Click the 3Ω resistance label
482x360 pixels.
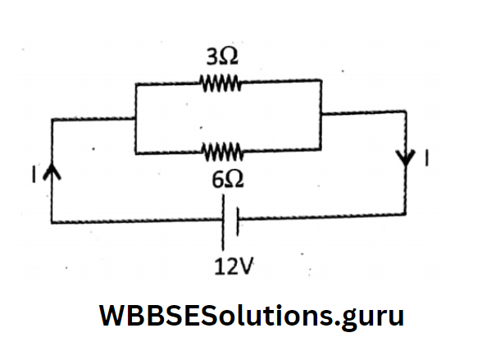pos(221,57)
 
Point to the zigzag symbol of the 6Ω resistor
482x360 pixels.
pos(220,152)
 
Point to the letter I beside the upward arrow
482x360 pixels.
pos(35,172)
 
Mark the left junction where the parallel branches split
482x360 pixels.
pos(134,120)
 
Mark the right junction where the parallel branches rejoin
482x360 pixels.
pos(321,115)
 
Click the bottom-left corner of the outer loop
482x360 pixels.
pos(52,222)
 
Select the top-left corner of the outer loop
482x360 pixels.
pos(52,121)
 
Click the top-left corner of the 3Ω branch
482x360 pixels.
pos(134,84)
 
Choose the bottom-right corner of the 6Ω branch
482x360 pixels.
pos(321,150)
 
